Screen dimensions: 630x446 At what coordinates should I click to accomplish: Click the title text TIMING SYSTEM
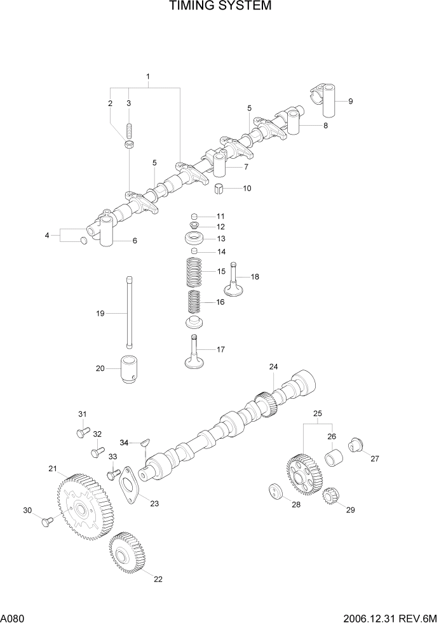pyautogui.click(x=220, y=6)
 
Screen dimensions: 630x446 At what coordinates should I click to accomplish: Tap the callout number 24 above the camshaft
pyautogui.click(x=273, y=367)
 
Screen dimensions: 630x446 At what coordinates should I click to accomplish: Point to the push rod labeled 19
pyautogui.click(x=130, y=312)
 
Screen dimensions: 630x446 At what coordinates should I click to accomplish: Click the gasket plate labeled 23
pyautogui.click(x=132, y=485)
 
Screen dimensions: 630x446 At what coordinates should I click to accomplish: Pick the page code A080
pyautogui.click(x=13, y=617)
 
